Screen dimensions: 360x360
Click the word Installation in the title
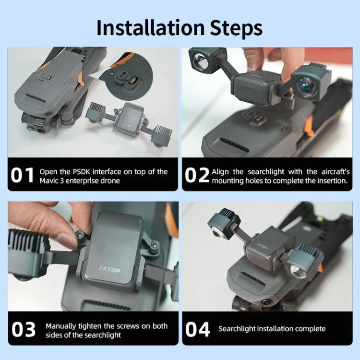click(150, 27)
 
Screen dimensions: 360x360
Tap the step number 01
click(22, 175)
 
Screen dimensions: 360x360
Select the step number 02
click(197, 175)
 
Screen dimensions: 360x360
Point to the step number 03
click(24, 330)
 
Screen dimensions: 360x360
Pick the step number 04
click(197, 330)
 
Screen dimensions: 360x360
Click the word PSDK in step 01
click(82, 172)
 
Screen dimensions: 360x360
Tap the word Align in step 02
click(220, 172)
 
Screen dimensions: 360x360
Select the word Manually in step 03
click(61, 326)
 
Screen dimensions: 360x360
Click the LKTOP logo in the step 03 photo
click(110, 269)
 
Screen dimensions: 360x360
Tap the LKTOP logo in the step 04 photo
click(262, 246)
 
